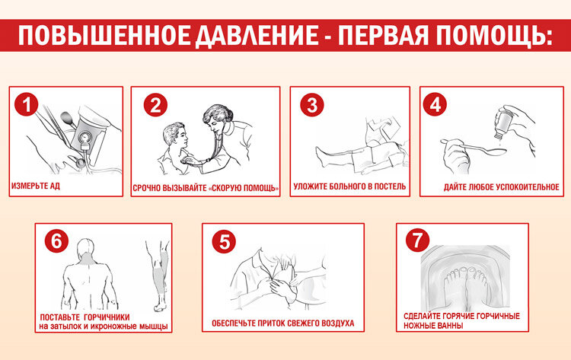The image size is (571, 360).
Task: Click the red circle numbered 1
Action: tap(26, 104)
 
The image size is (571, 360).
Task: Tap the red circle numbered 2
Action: tap(155, 105)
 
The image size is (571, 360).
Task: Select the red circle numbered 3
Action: tap(312, 105)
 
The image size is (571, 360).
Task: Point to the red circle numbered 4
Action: tap(435, 104)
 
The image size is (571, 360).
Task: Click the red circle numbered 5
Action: tap(224, 241)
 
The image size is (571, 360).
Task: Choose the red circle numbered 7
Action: tap(417, 240)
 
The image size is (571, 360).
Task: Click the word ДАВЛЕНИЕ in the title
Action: tap(257, 35)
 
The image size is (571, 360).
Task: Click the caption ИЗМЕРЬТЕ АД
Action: tap(36, 186)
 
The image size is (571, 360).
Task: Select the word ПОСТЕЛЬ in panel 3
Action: tap(391, 186)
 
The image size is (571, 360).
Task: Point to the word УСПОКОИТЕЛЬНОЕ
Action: tap(529, 187)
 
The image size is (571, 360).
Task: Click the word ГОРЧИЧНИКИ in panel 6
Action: tap(109, 317)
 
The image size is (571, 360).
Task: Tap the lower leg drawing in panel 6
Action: tap(159, 276)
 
